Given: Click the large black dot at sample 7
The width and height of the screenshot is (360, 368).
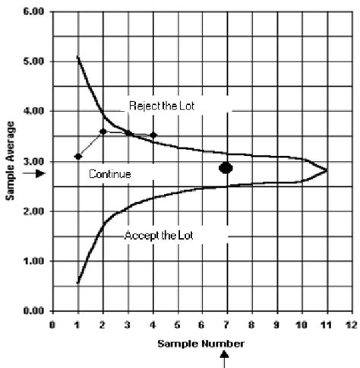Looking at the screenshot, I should click(226, 167).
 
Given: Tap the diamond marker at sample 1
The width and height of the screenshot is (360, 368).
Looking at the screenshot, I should click(77, 157).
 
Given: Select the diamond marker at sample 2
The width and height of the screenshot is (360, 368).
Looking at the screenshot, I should click(103, 132).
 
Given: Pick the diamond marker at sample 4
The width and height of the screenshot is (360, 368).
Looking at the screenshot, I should click(153, 135).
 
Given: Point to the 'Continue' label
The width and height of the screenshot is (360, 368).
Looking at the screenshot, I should click(110, 174).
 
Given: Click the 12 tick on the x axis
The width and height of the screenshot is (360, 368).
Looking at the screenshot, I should click(349, 324).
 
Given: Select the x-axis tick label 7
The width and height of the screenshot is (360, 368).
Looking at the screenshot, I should click(226, 324).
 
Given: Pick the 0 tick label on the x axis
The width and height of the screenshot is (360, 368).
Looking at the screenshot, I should click(52, 324).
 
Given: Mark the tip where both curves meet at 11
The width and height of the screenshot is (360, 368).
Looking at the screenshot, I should click(327, 170).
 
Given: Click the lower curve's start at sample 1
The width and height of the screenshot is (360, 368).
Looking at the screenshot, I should click(77, 283).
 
